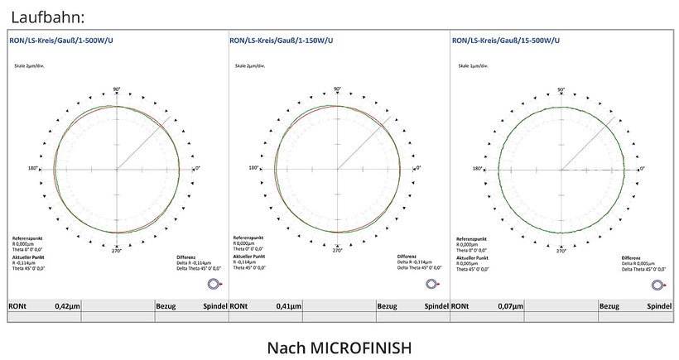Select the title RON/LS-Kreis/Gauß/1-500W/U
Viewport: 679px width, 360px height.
pos(63,40)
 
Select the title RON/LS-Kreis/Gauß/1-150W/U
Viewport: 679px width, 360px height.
pos(287,40)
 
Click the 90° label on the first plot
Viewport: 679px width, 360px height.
pos(116,89)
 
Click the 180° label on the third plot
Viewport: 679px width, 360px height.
pos(477,169)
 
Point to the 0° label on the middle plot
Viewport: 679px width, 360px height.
pos(419,169)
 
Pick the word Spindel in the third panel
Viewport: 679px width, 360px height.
pos(659,305)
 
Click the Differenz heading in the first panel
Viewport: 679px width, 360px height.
pos(186,257)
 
